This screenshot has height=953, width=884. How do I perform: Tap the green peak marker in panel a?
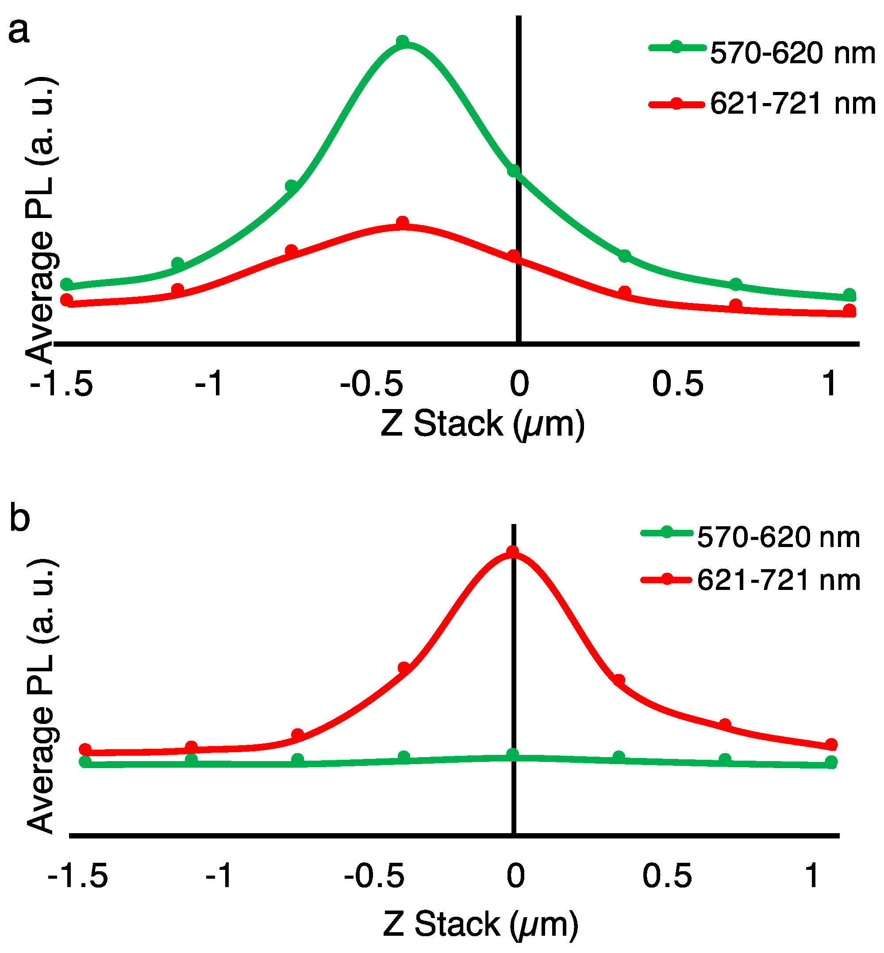click(x=403, y=41)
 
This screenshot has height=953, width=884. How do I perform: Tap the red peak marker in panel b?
click(x=512, y=552)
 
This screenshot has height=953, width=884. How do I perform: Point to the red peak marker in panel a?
click(x=403, y=222)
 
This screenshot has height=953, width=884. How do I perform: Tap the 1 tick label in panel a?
click(x=829, y=383)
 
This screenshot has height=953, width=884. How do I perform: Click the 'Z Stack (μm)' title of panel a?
click(x=482, y=424)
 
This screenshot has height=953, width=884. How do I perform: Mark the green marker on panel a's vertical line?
click(x=514, y=171)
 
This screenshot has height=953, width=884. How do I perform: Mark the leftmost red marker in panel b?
click(x=85, y=749)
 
